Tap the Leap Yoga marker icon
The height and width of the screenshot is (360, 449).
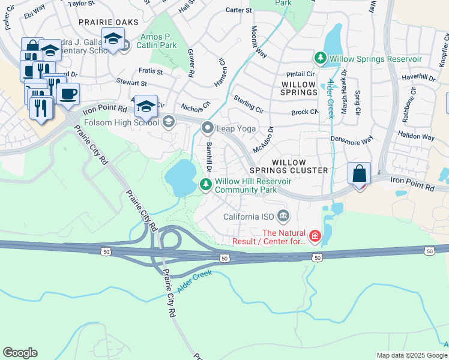(208, 128)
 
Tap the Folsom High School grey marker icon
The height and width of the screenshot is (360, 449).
(169, 122)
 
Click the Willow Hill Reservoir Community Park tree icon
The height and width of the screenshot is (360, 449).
(205, 185)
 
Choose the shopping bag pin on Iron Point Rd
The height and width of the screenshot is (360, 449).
(359, 174)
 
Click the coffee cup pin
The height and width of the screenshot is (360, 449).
(68, 94)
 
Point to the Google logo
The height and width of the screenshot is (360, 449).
(20, 353)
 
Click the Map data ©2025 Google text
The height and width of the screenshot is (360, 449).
(411, 355)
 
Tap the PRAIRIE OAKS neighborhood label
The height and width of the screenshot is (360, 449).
(109, 22)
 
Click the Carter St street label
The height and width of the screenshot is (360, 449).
(238, 10)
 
